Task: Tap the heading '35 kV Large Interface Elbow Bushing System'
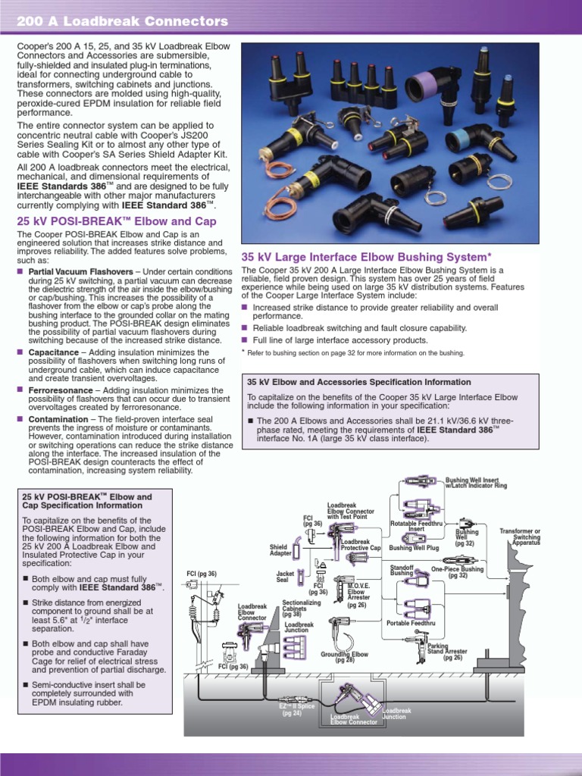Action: [371, 256]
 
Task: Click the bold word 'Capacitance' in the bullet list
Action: [54, 352]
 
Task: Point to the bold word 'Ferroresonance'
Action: [60, 390]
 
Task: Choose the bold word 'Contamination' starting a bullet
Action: [58, 419]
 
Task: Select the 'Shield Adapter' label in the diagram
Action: [280, 549]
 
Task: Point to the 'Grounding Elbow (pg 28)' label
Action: [344, 656]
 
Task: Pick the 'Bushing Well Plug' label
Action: [414, 547]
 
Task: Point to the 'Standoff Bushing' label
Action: [402, 570]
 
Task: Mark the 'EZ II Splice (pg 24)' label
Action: [292, 710]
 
